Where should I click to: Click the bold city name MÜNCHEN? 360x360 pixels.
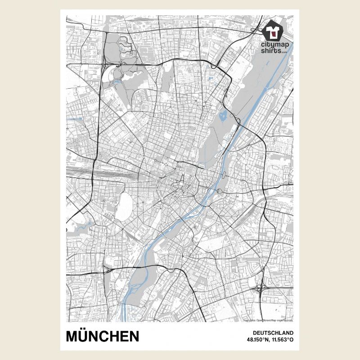[x=102, y=336]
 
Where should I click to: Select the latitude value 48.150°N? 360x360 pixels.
[x=257, y=340]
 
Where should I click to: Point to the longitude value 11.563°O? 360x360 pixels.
[x=282, y=340]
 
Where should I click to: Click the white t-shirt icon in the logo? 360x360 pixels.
[x=273, y=31]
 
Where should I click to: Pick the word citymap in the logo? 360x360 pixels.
[x=274, y=45]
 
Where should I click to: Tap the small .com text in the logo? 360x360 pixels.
[x=284, y=52]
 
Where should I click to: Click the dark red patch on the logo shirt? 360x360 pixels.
[x=273, y=32]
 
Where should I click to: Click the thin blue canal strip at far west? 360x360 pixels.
[x=76, y=119]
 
